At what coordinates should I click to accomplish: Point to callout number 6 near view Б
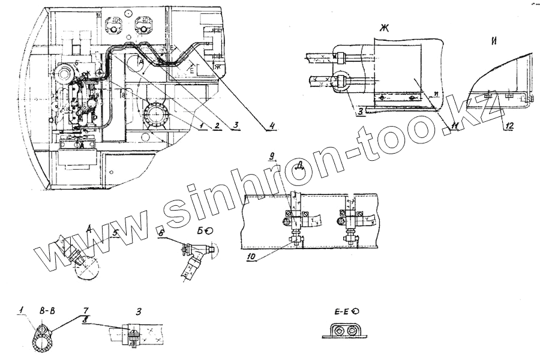click(x=161, y=231)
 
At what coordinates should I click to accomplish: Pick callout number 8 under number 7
click(x=85, y=320)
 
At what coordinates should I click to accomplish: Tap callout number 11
click(x=455, y=125)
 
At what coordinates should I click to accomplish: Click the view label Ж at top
click(x=383, y=27)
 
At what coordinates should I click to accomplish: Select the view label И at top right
click(x=496, y=41)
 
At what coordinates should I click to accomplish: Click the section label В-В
click(x=47, y=312)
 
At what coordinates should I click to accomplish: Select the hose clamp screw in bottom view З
click(x=134, y=341)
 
